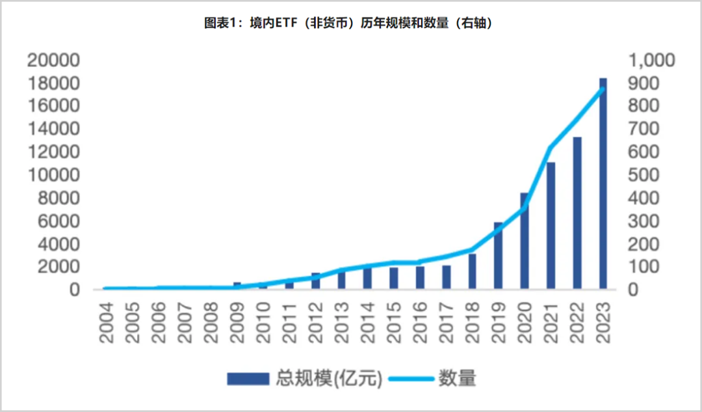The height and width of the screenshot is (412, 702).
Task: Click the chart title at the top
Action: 351,23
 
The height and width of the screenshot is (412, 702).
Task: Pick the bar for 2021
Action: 551,225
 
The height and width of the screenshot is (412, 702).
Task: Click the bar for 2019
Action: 499,256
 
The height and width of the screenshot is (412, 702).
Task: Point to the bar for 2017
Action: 447,277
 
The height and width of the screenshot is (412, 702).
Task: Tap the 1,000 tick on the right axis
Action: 651,61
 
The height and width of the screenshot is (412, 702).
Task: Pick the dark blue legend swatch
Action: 248,378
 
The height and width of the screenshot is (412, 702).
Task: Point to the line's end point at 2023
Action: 603,89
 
